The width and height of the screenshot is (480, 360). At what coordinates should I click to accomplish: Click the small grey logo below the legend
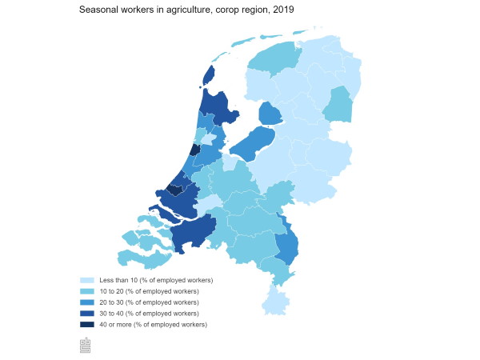pyautogui.click(x=85, y=345)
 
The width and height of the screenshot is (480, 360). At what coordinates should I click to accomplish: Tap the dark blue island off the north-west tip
pyautogui.click(x=209, y=74)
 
